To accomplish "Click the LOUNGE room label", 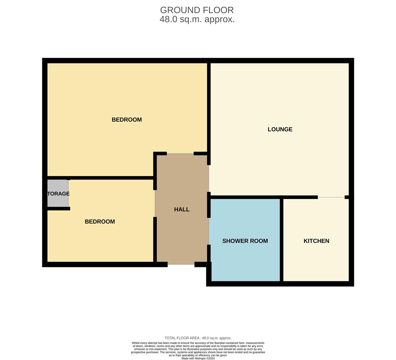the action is pyautogui.click(x=280, y=129).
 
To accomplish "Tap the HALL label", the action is pyautogui.click(x=181, y=209).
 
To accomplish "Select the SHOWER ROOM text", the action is pyautogui.click(x=245, y=241).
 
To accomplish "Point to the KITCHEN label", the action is pyautogui.click(x=316, y=241).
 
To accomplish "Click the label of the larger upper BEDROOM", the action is pyautogui.click(x=126, y=120).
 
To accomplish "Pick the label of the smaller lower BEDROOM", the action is pyautogui.click(x=100, y=221).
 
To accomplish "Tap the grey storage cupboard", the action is pyautogui.click(x=58, y=193).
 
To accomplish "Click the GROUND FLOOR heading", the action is pyautogui.click(x=197, y=10).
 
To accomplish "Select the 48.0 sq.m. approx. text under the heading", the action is pyautogui.click(x=197, y=19).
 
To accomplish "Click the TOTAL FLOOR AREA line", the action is pyautogui.click(x=198, y=338).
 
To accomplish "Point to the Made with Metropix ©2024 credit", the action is pyautogui.click(x=198, y=358).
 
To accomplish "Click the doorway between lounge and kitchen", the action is pyautogui.click(x=331, y=197).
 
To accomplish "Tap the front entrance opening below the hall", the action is pyautogui.click(x=181, y=264).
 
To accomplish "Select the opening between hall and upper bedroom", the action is pyautogui.click(x=180, y=153).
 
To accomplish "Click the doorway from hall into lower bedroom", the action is pyautogui.click(x=155, y=203).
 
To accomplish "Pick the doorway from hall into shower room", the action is pyautogui.click(x=209, y=231).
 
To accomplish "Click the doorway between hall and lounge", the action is pyautogui.click(x=209, y=178).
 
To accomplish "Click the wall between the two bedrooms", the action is pyautogui.click(x=100, y=178).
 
